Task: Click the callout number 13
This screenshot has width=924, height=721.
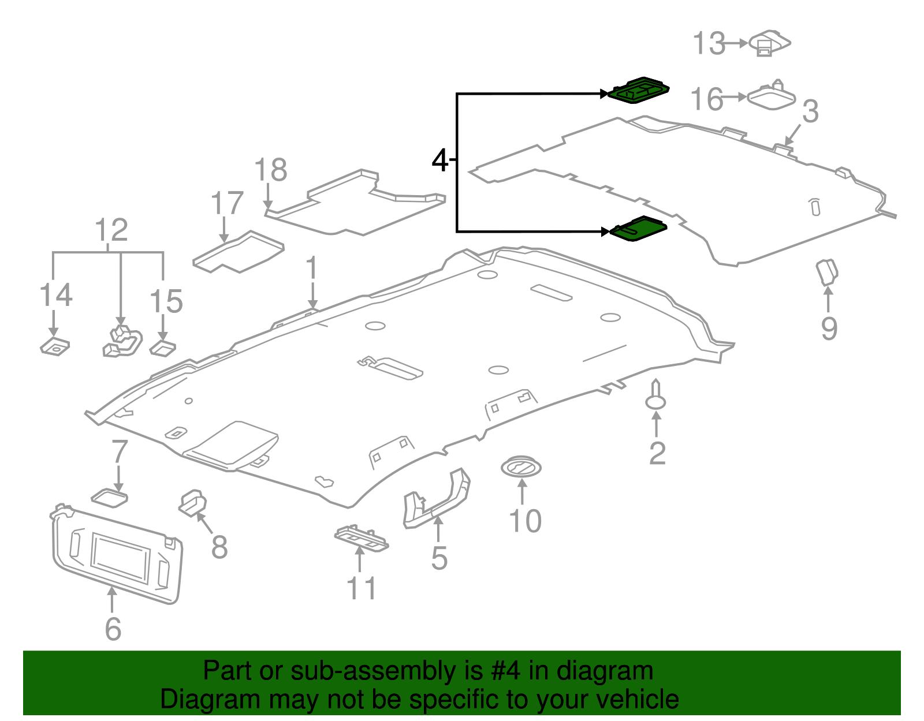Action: coord(709,43)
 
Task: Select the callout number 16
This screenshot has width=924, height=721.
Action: coord(706,99)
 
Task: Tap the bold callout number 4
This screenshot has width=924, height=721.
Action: coord(440,160)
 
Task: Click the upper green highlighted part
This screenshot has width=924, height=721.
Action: coord(639,90)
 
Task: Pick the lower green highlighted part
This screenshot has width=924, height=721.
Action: coord(638,229)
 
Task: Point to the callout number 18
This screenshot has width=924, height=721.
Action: coord(271,170)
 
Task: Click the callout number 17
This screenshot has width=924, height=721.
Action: coord(227,203)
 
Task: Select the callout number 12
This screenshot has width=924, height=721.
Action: coord(111,229)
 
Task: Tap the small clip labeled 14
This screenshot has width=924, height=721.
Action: coord(55,347)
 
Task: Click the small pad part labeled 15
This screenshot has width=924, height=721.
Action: coord(163,349)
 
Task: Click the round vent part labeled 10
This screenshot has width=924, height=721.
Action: coord(521,468)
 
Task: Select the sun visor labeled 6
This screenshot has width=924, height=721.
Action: coord(116,554)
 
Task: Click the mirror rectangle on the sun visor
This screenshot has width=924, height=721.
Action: coord(120,558)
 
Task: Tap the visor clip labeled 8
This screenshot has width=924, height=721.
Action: coord(192,503)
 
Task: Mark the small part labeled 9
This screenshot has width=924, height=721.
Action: coord(826,272)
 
